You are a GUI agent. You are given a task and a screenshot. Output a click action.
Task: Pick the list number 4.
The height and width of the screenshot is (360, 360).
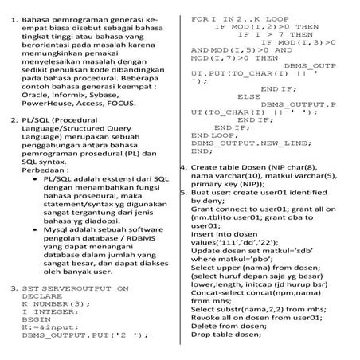(184, 168)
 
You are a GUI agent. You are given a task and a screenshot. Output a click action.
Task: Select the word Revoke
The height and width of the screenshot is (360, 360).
(209, 316)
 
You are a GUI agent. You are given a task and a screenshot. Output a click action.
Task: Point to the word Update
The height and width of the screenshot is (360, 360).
(209, 250)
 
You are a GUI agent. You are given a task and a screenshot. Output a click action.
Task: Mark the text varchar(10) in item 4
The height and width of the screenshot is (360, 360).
(241, 177)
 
